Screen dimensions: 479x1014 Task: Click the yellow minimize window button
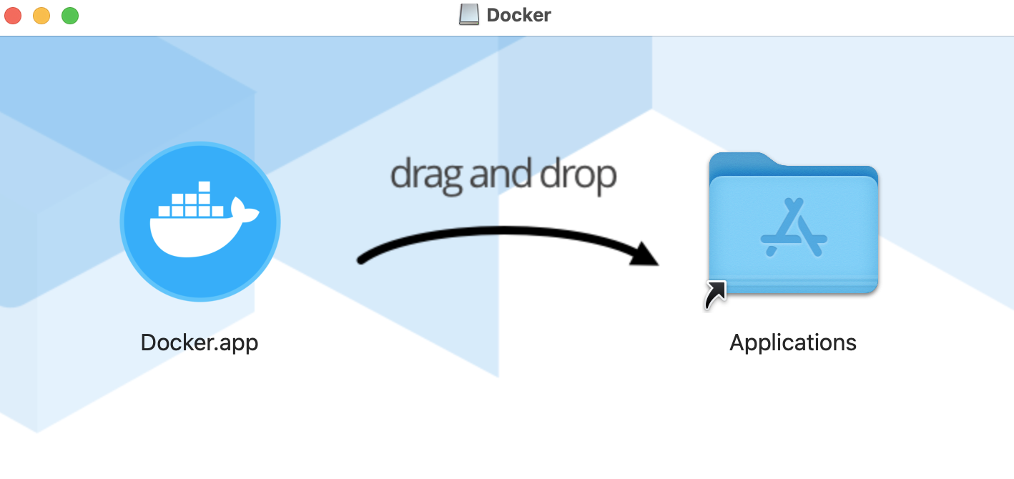pos(41,15)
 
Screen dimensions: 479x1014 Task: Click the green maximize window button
pos(70,15)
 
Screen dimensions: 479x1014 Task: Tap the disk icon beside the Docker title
pos(469,15)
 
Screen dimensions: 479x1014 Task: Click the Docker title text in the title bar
pos(518,15)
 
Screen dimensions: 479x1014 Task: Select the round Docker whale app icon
pos(200,222)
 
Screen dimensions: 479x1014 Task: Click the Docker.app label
pos(200,342)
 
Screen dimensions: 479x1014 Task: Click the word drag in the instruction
pos(425,175)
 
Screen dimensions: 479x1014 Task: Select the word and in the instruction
pos(503,174)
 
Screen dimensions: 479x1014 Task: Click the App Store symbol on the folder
pos(793,227)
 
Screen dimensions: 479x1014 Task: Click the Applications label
pos(792,342)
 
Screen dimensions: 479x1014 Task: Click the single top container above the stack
pos(205,187)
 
